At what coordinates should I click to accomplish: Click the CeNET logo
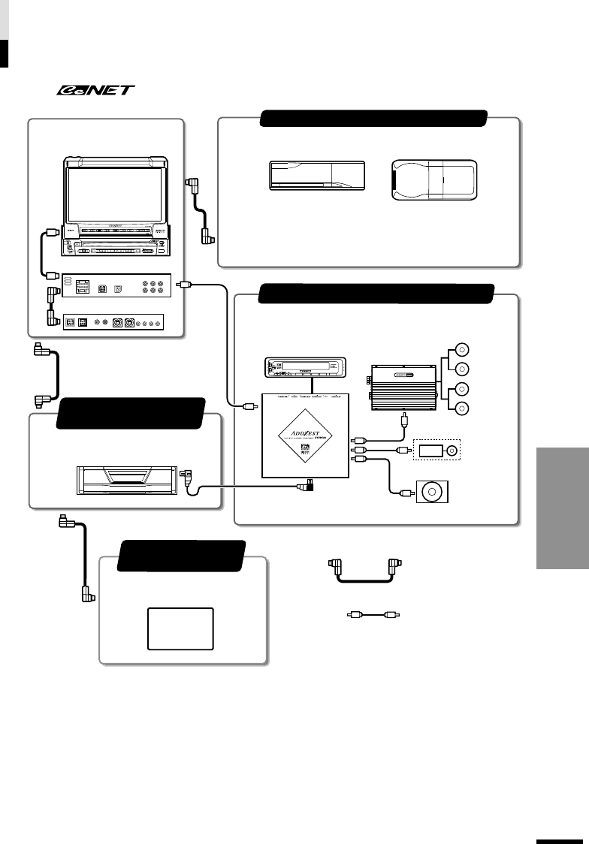pos(93,90)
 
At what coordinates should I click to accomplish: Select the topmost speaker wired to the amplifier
pos(464,348)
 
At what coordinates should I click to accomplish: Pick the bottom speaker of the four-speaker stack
pos(464,408)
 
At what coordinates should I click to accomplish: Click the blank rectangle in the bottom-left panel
pos(180,629)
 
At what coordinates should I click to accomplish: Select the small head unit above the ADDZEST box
pos(304,369)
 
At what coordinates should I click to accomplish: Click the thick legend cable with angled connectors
pos(362,575)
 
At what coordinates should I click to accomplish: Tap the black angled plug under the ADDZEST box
pos(306,487)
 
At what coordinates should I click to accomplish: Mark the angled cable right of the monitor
pos(200,211)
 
